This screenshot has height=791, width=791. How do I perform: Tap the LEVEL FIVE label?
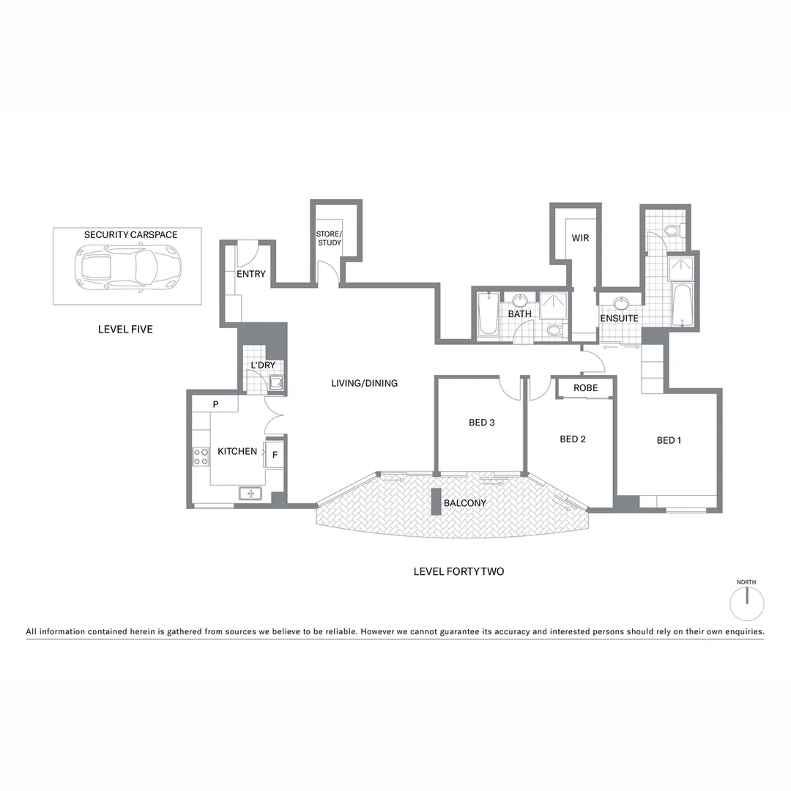(x=125, y=330)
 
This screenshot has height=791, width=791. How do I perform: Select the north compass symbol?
(x=747, y=604)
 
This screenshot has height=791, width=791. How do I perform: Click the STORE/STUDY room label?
(x=330, y=238)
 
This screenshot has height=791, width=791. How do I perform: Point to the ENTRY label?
(x=250, y=275)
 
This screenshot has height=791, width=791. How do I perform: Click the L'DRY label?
(x=263, y=365)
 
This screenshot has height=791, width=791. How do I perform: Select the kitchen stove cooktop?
(x=201, y=457)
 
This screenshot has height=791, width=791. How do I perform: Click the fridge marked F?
(x=275, y=454)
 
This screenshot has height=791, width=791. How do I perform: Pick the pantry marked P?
(x=215, y=404)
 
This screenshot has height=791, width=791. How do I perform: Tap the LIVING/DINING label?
(x=364, y=383)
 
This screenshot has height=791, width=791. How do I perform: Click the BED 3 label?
(x=482, y=423)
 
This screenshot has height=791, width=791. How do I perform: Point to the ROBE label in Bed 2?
(x=585, y=388)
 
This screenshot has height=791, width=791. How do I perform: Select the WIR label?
(x=580, y=238)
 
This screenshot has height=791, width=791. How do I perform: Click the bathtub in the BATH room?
(x=489, y=316)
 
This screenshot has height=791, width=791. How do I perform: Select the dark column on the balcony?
(x=436, y=502)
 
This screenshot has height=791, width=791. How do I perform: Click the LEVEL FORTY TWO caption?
(x=458, y=571)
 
